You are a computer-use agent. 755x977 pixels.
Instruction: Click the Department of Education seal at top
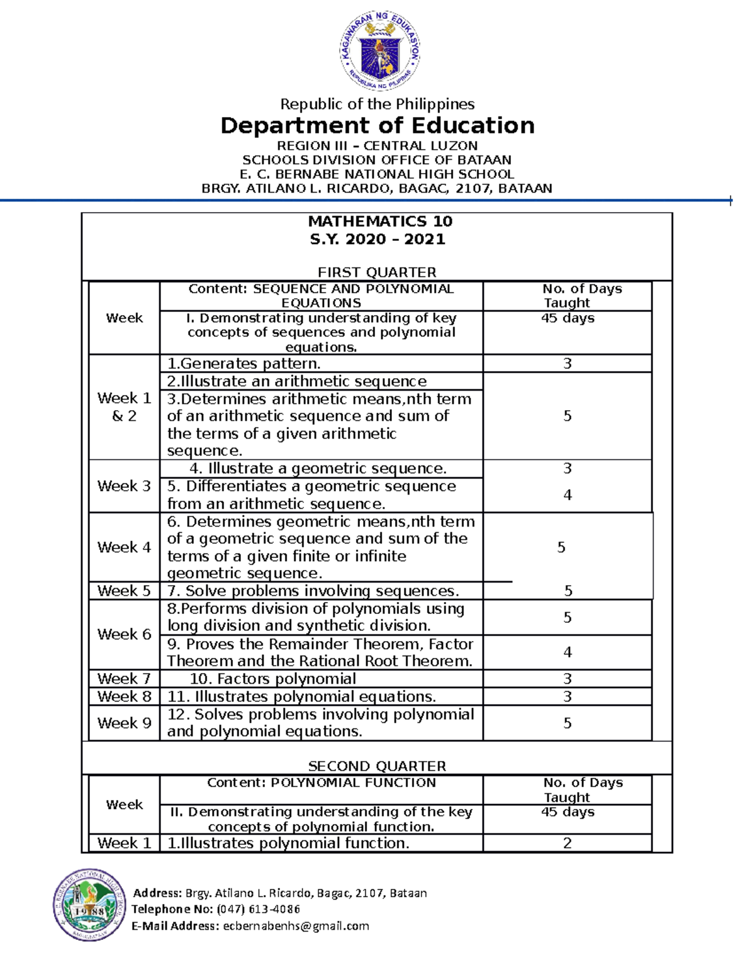click(380, 51)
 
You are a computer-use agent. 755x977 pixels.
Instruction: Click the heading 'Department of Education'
click(377, 125)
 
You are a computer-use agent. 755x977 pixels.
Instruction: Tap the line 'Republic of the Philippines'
click(377, 104)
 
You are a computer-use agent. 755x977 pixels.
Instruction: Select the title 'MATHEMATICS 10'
click(380, 221)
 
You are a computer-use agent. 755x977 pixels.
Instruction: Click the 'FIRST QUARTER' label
click(377, 272)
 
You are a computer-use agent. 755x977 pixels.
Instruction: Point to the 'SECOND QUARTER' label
click(377, 766)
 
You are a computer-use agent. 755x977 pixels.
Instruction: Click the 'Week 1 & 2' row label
click(124, 407)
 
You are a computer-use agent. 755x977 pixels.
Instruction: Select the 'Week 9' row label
click(124, 723)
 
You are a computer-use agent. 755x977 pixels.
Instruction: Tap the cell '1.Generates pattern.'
click(244, 364)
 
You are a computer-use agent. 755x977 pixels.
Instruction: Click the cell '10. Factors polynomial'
click(272, 679)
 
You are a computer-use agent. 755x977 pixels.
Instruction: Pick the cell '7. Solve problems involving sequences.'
click(313, 591)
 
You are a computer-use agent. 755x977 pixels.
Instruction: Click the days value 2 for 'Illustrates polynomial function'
click(567, 843)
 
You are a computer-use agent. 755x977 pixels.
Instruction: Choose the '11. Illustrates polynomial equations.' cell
click(301, 696)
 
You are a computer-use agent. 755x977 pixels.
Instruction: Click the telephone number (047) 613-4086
click(258, 909)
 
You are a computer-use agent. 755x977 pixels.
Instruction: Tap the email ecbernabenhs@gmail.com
click(296, 926)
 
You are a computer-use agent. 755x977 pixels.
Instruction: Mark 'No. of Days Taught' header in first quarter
click(568, 296)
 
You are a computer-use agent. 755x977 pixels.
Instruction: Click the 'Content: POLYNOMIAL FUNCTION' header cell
click(322, 783)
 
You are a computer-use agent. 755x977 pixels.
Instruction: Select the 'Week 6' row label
click(124, 634)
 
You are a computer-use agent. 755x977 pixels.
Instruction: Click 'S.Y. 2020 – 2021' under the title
click(377, 239)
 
